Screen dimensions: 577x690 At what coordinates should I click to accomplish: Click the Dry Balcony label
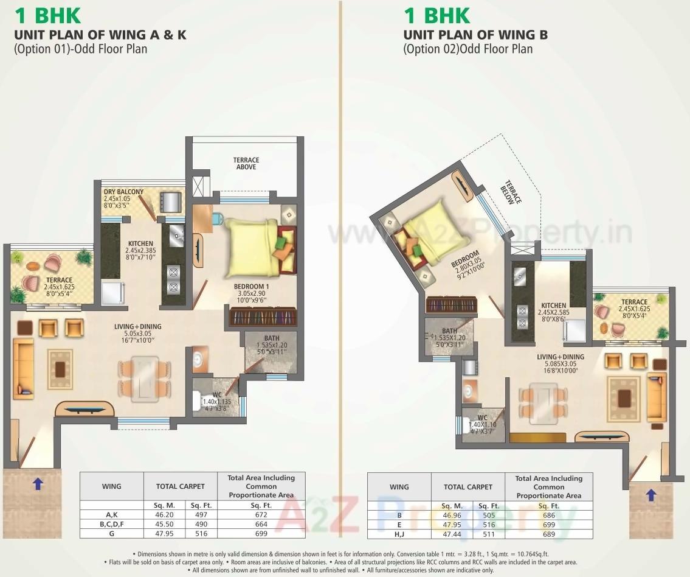pyautogui.click(x=123, y=192)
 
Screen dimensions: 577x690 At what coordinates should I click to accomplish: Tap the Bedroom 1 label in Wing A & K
pyautogui.click(x=251, y=286)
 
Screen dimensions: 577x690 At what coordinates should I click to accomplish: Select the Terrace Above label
pyautogui.click(x=246, y=163)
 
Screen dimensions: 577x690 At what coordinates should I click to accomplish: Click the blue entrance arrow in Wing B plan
pyautogui.click(x=650, y=495)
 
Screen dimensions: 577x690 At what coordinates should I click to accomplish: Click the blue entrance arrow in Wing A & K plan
pyautogui.click(x=38, y=484)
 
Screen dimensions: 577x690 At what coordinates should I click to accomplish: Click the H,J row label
pyautogui.click(x=399, y=534)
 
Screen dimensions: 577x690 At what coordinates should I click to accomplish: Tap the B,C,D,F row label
pyautogui.click(x=111, y=524)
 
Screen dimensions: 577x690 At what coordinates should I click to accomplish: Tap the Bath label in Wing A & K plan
pyautogui.click(x=271, y=338)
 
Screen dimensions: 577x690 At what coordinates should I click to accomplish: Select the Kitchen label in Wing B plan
pyautogui.click(x=554, y=306)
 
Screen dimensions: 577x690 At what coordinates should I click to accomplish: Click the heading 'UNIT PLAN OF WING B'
pyautogui.click(x=475, y=35)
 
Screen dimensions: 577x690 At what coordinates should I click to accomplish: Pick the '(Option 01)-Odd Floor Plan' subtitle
pyautogui.click(x=80, y=49)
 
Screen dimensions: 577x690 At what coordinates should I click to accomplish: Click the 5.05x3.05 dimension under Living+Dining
pyautogui.click(x=137, y=334)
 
